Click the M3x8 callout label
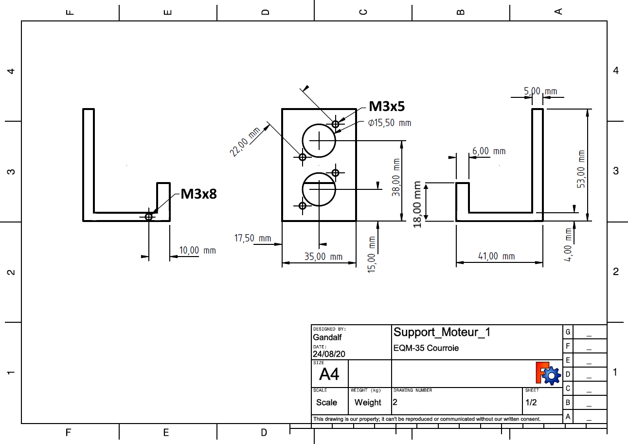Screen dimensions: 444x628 pos(198,194)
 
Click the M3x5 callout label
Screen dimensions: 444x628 pos(387,106)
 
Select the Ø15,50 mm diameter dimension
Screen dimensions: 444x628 pos(389,123)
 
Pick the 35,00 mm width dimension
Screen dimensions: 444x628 pos(323,257)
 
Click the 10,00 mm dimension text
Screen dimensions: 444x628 pos(197,250)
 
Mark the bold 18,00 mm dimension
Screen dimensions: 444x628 pos(417,204)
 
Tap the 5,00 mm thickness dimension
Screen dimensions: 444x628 pos(540,91)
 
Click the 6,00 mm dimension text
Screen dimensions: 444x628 pos(489,151)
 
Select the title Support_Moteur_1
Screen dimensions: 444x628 pos(442,332)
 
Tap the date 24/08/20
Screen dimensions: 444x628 pos(329,354)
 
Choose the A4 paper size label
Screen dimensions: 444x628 pos(329,374)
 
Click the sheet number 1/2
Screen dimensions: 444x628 pos(531,403)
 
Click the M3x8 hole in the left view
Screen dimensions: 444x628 pos(149,217)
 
